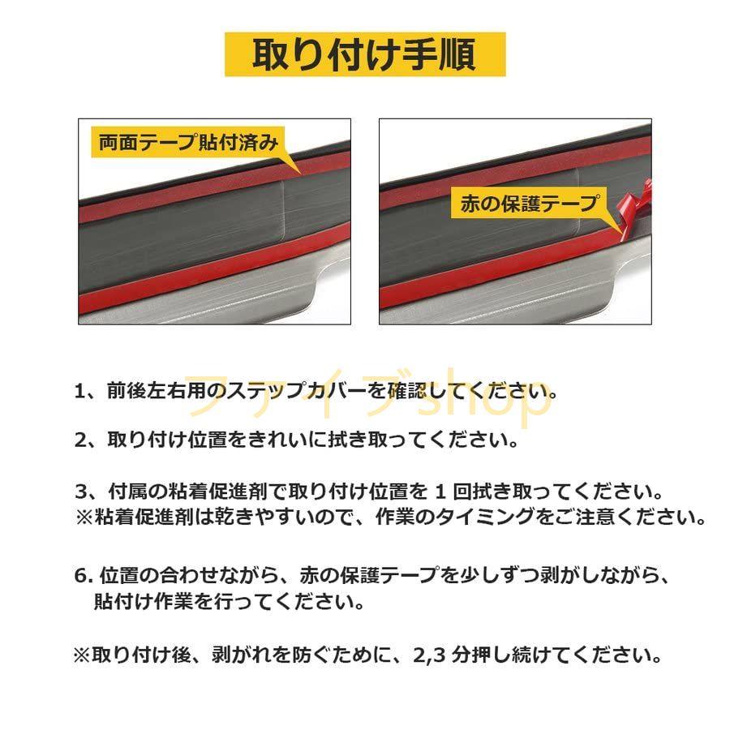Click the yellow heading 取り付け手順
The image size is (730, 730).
pos(364,54)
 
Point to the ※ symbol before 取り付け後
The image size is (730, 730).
pos(82,654)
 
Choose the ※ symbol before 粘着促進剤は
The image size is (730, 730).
pos(84,517)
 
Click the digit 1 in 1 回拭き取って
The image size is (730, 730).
pos(441,492)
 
